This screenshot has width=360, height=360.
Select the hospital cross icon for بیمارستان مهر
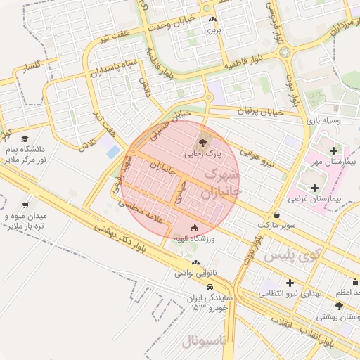(x=333, y=150)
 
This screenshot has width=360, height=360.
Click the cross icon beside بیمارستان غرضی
(x=314, y=188)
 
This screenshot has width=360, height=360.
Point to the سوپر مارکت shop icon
(x=276, y=214)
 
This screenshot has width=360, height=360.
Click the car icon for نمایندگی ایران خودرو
(x=210, y=287)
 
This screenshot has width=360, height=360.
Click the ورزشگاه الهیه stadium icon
(x=195, y=227)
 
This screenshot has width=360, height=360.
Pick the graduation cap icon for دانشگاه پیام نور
(x=25, y=139)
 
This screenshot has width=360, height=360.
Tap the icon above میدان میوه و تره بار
(x=26, y=205)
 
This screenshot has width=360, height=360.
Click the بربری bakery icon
(x=212, y=20)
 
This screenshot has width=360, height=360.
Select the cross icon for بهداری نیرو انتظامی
(x=289, y=282)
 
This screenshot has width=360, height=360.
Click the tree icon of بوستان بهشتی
(x=340, y=306)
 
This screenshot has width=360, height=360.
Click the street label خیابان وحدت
(x=172, y=22)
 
